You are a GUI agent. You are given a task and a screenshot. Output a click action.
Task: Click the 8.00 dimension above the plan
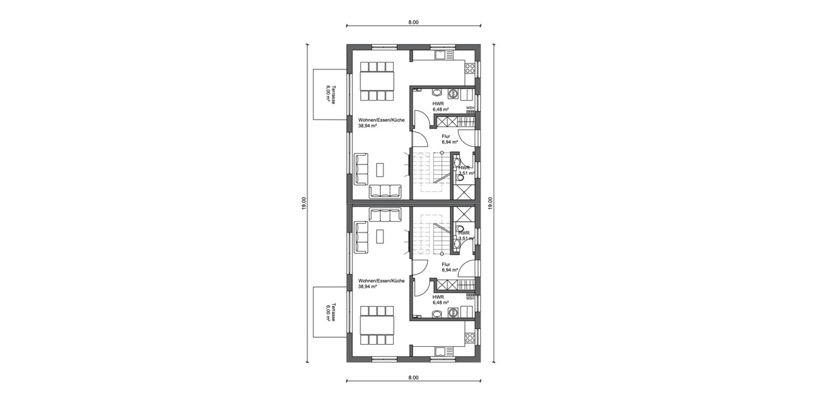point(413,22)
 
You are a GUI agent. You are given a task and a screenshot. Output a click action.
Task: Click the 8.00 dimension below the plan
point(413,376)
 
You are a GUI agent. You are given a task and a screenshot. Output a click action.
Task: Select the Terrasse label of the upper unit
point(328,93)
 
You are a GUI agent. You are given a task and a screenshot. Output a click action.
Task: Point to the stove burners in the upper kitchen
point(469,67)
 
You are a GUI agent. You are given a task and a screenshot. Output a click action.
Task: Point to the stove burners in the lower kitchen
point(469,336)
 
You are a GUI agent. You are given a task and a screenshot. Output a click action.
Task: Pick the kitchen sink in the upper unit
point(440,54)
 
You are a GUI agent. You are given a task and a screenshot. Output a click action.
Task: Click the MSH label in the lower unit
point(469,297)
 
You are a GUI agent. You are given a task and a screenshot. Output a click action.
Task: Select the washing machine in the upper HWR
point(437,92)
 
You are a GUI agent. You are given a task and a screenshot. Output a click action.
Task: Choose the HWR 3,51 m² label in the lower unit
point(466,236)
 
